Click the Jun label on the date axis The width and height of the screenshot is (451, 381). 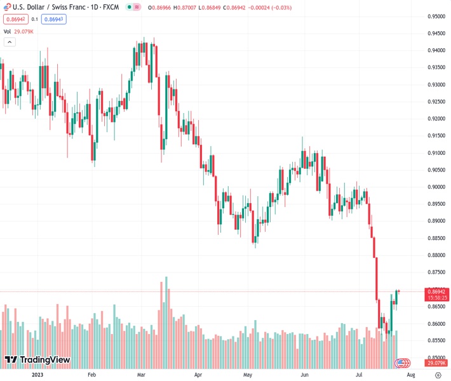[305, 375]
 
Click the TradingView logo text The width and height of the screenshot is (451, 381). [44, 360]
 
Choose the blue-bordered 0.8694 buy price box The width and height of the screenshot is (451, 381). [54, 19]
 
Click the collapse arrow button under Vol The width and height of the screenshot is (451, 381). [10, 42]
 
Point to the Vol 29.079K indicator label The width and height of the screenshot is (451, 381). [19, 31]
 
